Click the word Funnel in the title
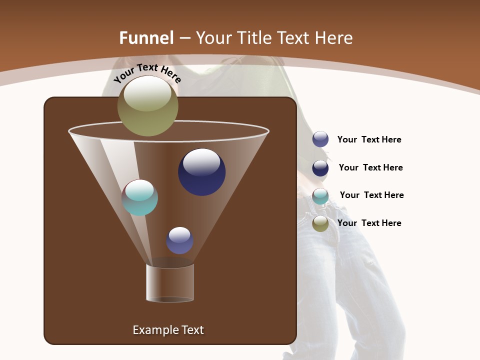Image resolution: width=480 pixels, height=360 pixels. [146, 38]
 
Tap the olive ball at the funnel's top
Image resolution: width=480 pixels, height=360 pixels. [147, 106]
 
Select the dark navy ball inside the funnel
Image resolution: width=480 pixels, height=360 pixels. [201, 172]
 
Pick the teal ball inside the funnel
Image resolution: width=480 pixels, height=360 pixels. [140, 197]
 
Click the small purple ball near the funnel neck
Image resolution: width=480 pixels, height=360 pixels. [179, 240]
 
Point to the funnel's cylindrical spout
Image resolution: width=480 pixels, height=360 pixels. [170, 283]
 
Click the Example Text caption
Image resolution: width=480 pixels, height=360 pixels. [168, 330]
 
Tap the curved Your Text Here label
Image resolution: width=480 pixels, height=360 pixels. [147, 73]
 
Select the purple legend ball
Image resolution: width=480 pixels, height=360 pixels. [320, 139]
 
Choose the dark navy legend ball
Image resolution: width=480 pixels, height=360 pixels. [320, 168]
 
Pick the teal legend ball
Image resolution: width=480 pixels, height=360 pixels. [320, 196]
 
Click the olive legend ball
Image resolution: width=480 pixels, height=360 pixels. [320, 223]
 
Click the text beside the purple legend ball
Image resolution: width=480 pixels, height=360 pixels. [369, 140]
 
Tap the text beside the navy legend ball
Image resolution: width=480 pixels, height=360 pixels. [370, 168]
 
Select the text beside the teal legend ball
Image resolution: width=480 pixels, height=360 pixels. [371, 195]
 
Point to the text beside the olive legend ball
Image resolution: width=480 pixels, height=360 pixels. [369, 223]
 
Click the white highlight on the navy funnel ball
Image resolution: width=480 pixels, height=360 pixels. [201, 161]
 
